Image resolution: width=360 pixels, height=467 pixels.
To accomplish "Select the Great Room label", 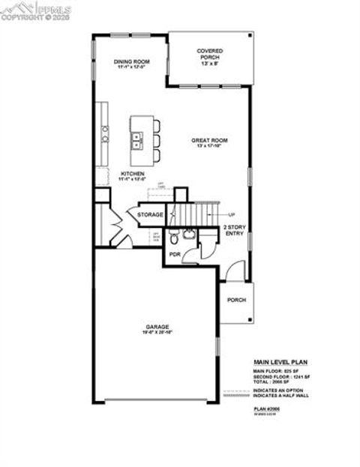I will [209, 140].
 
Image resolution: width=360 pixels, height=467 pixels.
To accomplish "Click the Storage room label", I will [150, 215].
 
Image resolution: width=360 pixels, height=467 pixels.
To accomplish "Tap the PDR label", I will [175, 255].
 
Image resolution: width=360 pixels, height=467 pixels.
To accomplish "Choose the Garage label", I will [157, 327].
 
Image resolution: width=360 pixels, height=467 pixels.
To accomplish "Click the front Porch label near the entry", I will [237, 300].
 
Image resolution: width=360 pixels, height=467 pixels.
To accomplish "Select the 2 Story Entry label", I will [235, 230].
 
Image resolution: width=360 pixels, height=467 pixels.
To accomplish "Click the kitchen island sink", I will [137, 139].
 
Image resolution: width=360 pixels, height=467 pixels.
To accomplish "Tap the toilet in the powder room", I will [173, 239].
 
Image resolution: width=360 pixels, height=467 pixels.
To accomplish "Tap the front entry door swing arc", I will [233, 268].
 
